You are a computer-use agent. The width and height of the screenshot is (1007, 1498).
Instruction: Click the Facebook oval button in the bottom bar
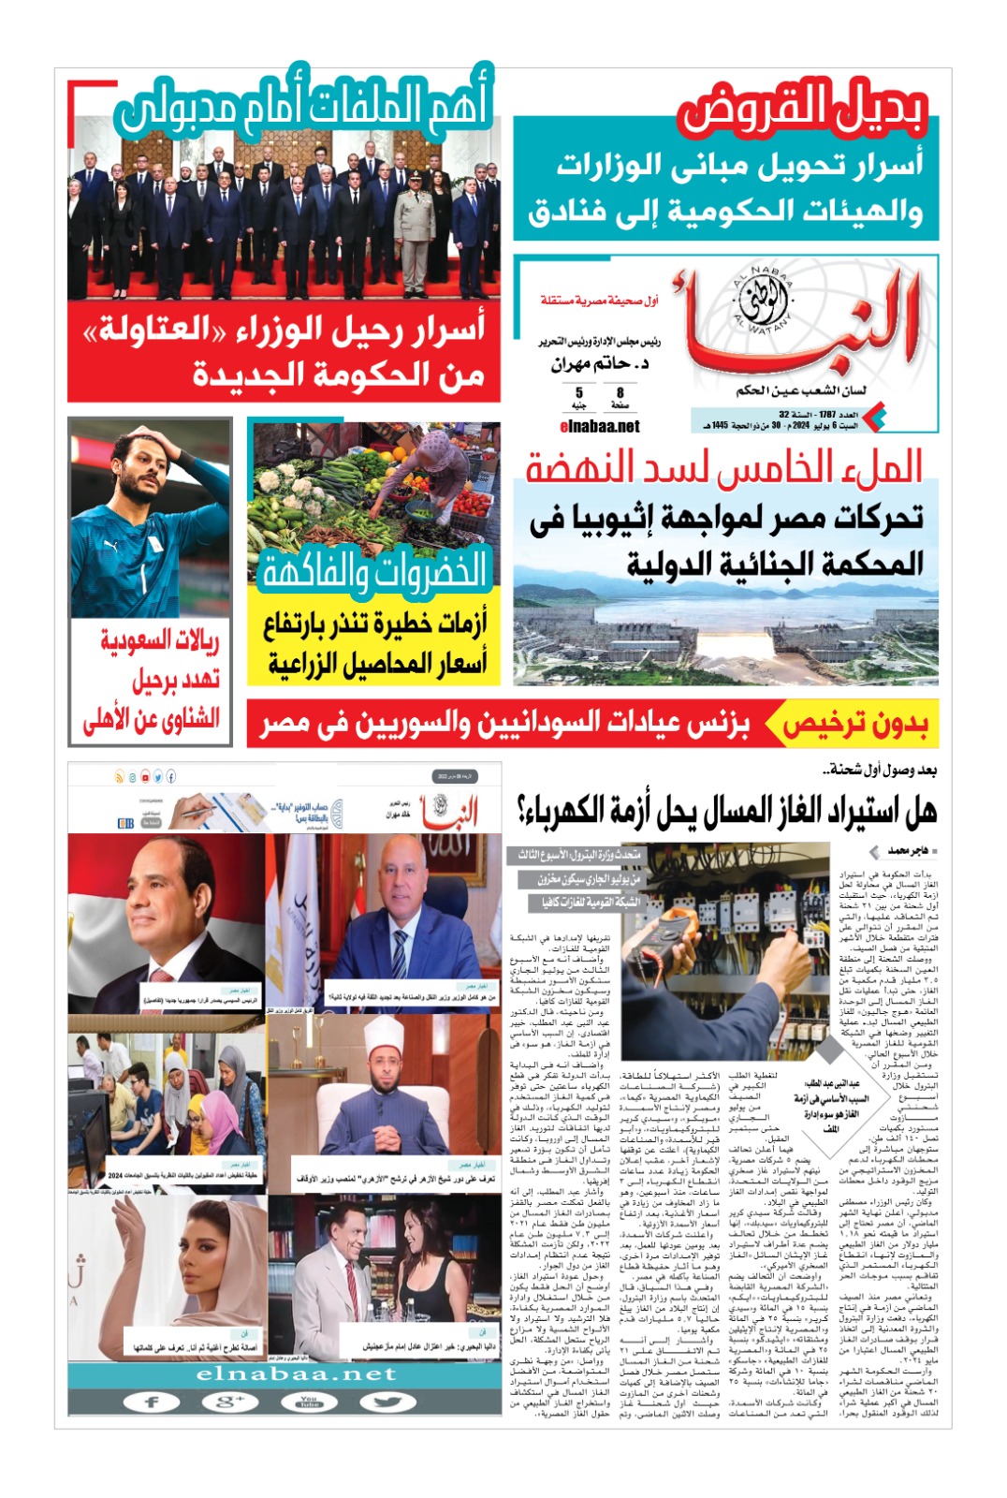tap(153, 1402)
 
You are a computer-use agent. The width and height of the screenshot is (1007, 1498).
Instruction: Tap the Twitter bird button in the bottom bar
tap(386, 1402)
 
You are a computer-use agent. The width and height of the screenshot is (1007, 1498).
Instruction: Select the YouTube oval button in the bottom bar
tap(308, 1402)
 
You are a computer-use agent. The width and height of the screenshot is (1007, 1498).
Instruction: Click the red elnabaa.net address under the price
tap(599, 427)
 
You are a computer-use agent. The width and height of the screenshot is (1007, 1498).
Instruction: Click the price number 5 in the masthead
tap(579, 393)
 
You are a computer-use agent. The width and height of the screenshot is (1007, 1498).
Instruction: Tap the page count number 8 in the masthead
tap(620, 393)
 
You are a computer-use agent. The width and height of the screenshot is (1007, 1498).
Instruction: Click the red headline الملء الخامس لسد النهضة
tap(723, 466)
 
